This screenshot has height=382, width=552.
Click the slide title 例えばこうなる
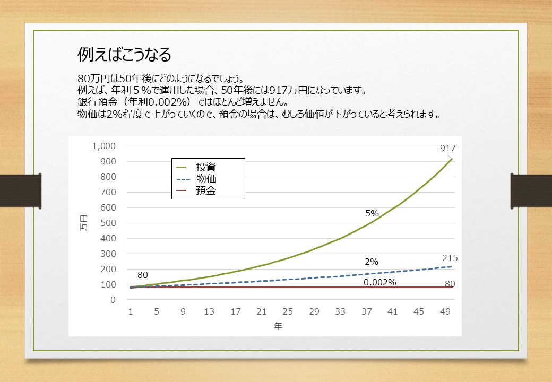tap(124, 55)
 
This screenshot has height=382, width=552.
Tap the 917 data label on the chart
tap(448, 149)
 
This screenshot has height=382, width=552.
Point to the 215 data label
tap(450, 258)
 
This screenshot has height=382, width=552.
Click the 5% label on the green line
tap(372, 213)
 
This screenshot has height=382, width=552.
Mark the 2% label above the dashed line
tap(372, 262)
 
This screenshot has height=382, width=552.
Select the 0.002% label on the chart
tap(380, 282)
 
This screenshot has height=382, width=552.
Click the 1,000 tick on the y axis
tap(104, 146)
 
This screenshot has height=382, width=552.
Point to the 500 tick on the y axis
tap(108, 223)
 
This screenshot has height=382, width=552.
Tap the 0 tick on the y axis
tap(113, 300)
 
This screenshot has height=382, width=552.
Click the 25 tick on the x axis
tap(288, 311)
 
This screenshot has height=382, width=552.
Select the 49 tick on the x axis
tap(445, 311)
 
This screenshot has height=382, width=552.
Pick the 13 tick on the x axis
tap(209, 311)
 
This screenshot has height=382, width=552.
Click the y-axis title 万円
tap(84, 223)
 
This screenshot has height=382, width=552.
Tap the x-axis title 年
tap(278, 326)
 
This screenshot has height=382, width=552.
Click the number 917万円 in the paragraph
tap(288, 90)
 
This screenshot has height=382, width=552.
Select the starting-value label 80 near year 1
tap(143, 275)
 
